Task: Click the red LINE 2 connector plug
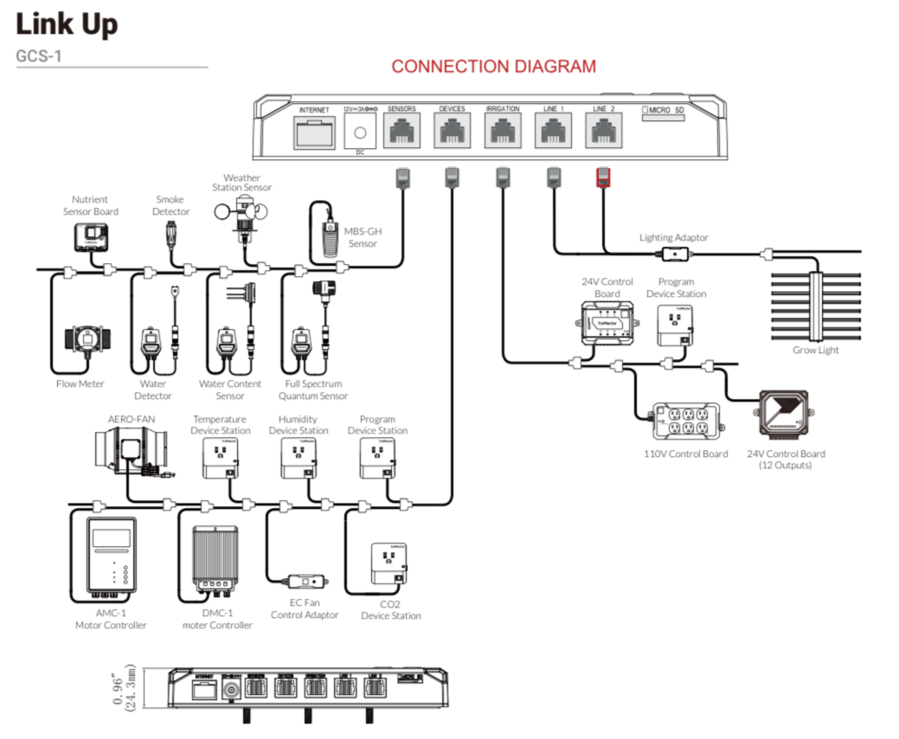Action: coord(602,177)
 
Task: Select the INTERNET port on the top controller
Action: coord(314,133)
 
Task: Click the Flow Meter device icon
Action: coord(80,343)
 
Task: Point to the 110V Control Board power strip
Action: coord(686,422)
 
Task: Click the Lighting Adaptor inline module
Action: coord(673,254)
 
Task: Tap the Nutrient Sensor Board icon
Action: coord(89,236)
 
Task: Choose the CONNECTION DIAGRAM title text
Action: coord(493,67)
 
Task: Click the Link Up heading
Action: coord(67,24)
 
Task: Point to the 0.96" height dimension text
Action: coord(119,689)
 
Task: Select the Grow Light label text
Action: coord(815,350)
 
